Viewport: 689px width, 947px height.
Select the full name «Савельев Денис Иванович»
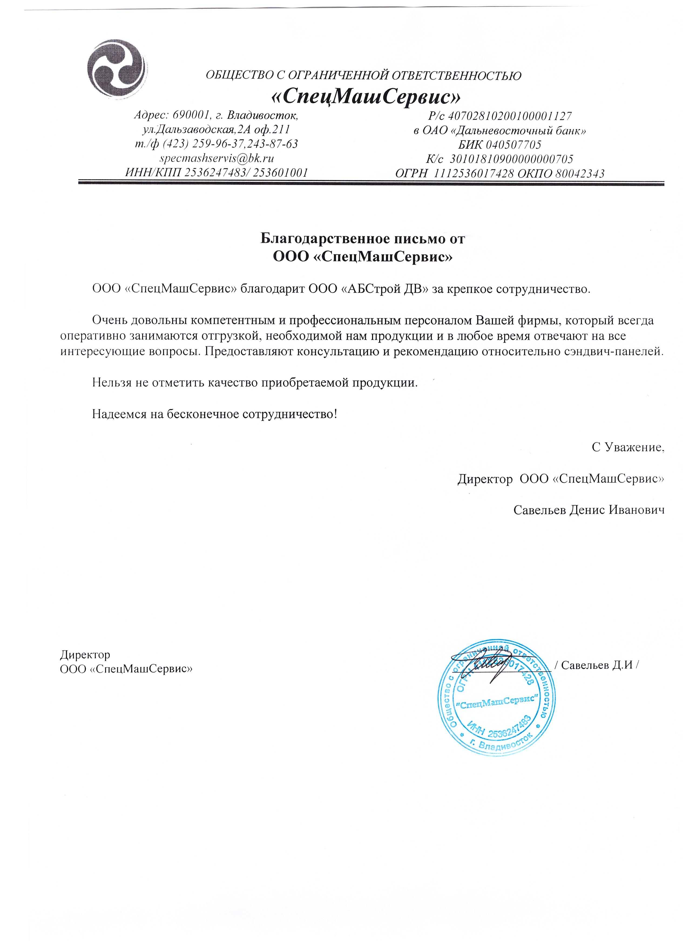coord(588,510)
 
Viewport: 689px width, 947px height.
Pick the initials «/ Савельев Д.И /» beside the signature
coord(597,665)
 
